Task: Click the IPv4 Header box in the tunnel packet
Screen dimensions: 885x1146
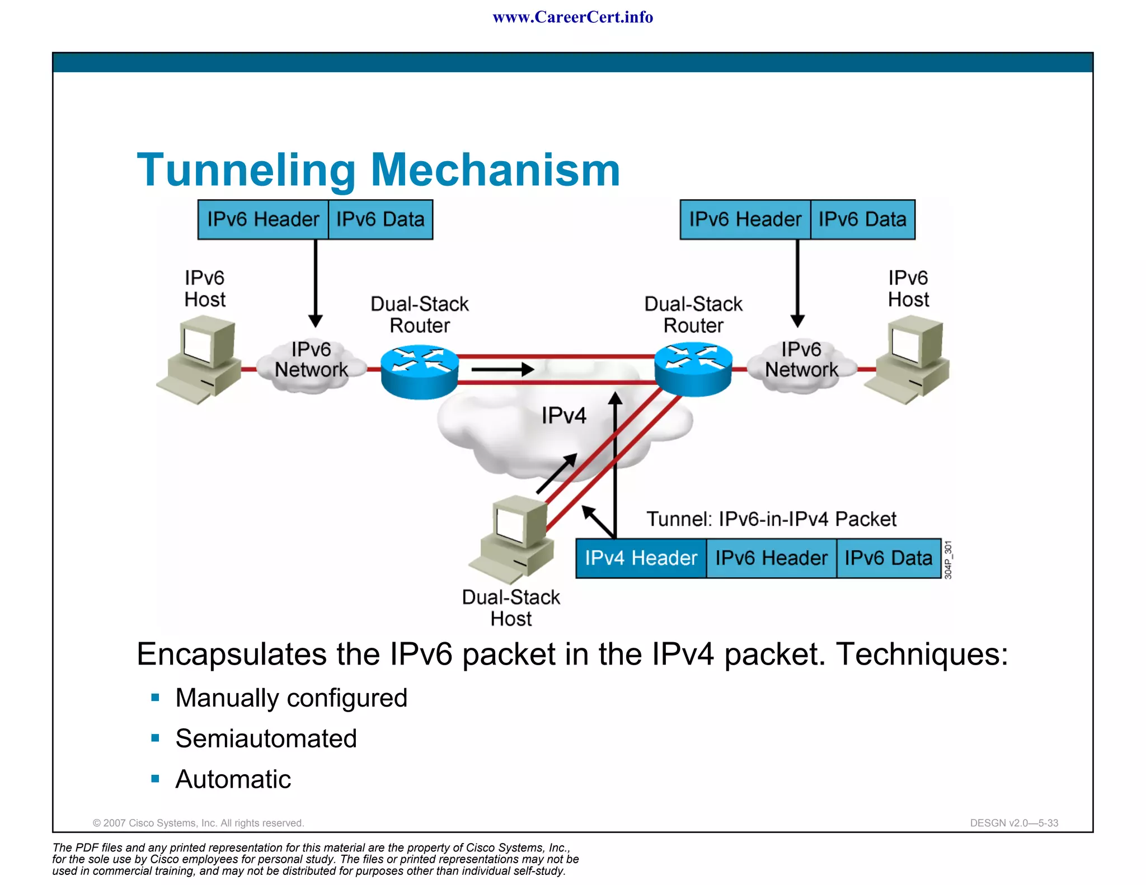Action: point(641,558)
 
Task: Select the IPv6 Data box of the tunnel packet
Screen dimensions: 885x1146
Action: point(888,558)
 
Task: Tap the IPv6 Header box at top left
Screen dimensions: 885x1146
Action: point(263,219)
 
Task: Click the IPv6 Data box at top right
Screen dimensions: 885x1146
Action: point(862,219)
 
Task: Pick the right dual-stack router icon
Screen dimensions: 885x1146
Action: point(693,369)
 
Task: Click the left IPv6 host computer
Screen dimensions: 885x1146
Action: point(200,358)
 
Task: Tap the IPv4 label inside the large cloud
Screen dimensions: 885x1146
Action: point(563,416)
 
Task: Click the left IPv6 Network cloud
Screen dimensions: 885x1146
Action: point(311,364)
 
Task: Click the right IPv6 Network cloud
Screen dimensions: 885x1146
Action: point(801,364)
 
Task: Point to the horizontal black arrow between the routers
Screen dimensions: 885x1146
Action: point(502,369)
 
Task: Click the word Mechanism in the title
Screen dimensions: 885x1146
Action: point(495,170)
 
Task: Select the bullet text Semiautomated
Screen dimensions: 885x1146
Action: point(266,738)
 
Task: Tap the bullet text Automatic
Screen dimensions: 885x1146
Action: point(233,779)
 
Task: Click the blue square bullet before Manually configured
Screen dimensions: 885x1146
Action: point(156,698)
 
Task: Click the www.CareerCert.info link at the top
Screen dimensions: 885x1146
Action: point(572,17)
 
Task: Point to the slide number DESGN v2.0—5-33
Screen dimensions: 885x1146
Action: point(1014,823)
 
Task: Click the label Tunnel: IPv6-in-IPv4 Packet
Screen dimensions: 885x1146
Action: point(771,519)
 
